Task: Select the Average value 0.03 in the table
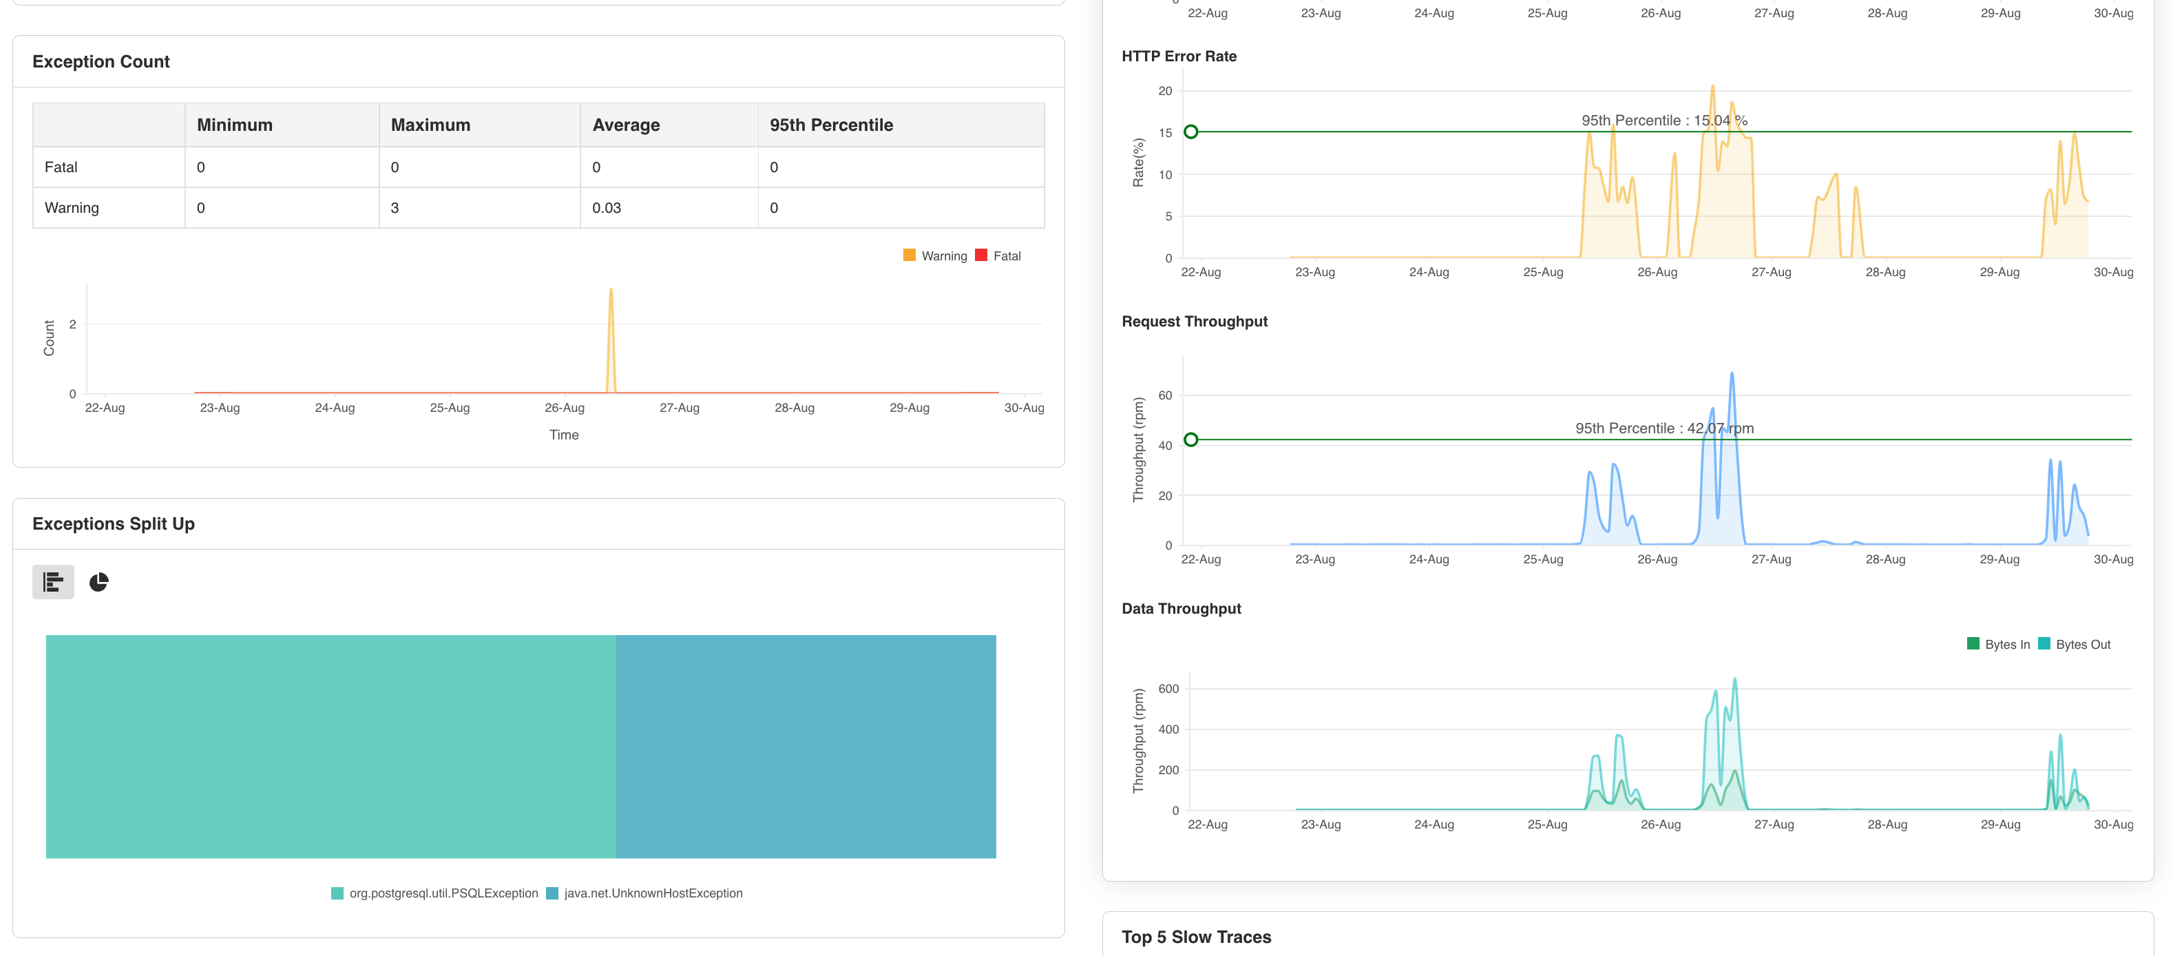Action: pyautogui.click(x=606, y=207)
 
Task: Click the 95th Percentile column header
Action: pyautogui.click(x=830, y=125)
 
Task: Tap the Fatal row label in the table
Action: pyautogui.click(x=61, y=167)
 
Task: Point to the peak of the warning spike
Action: pyautogui.click(x=611, y=290)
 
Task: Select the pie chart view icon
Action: pyautogui.click(x=98, y=582)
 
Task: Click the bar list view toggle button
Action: pyautogui.click(x=53, y=582)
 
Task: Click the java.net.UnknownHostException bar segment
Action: pyautogui.click(x=805, y=746)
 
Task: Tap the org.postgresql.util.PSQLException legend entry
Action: pyautogui.click(x=443, y=893)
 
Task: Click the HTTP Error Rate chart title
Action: pyautogui.click(x=1179, y=56)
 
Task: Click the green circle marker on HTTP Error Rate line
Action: pyautogui.click(x=1190, y=132)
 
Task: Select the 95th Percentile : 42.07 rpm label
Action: pyautogui.click(x=1663, y=428)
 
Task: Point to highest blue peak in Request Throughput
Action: pyautogui.click(x=1731, y=373)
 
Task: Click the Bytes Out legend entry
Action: pyautogui.click(x=2082, y=644)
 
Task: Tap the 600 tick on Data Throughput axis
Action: pyautogui.click(x=1168, y=689)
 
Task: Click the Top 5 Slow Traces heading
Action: pyautogui.click(x=1195, y=937)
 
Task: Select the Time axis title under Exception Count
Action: pyautogui.click(x=563, y=435)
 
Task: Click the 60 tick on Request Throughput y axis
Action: pyautogui.click(x=1164, y=395)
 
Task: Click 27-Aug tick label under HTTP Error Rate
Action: pyautogui.click(x=1771, y=271)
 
